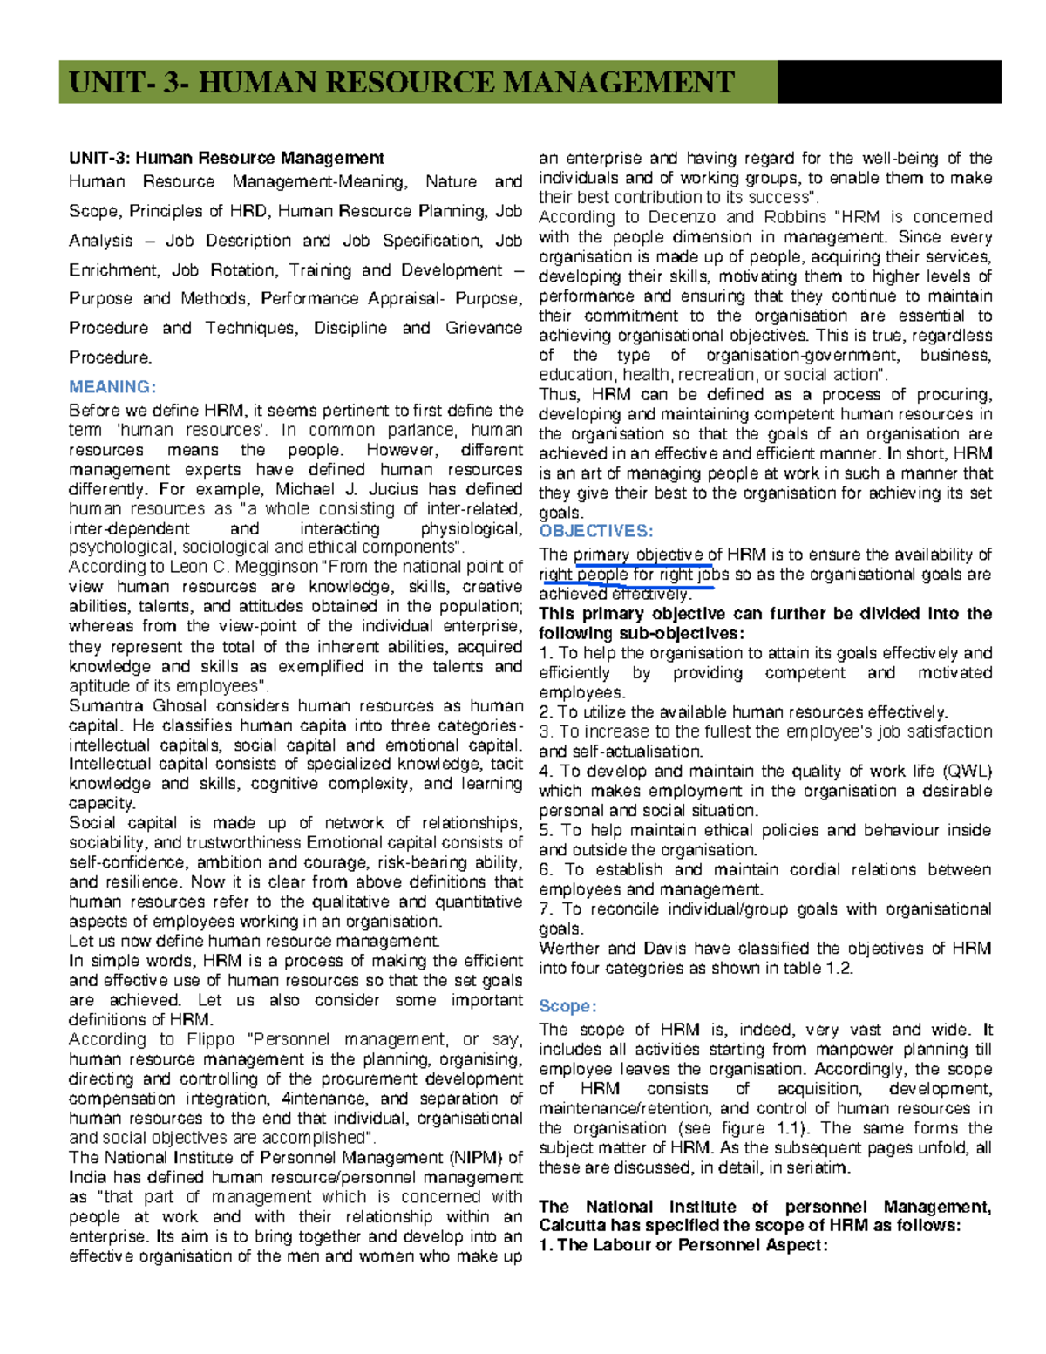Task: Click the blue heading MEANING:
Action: coord(112,387)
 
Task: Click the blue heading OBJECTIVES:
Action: coord(595,531)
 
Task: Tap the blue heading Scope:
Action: coord(567,1006)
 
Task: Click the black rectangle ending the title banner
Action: coord(888,83)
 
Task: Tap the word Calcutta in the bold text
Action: coord(570,1226)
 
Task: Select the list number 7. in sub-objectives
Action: coord(547,909)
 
